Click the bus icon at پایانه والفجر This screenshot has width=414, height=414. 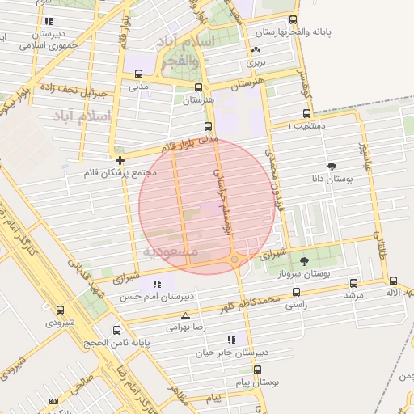(x=293, y=20)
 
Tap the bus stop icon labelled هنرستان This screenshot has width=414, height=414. (x=198, y=87)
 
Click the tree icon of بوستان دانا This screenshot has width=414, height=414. (x=332, y=166)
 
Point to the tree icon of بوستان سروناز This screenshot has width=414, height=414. (x=304, y=260)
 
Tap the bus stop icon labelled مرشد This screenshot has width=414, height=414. (x=353, y=284)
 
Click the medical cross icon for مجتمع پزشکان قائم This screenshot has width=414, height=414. (x=120, y=160)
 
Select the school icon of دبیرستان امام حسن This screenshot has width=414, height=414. (x=157, y=284)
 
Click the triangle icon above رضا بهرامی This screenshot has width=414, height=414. (x=186, y=315)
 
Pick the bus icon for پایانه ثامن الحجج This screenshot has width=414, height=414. (x=118, y=330)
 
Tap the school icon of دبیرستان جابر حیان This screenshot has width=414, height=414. (x=232, y=340)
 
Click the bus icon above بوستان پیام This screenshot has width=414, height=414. (x=257, y=369)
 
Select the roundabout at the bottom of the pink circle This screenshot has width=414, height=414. (x=234, y=260)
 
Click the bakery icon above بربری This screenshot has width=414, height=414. (x=256, y=50)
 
